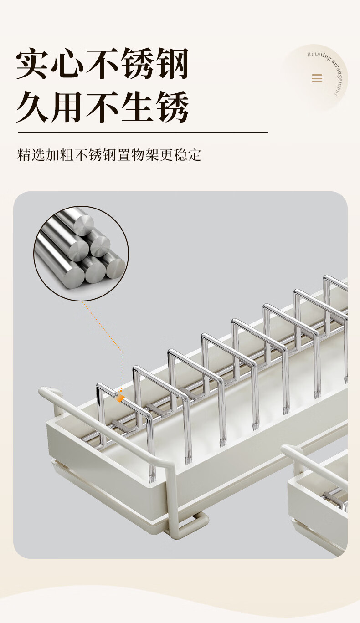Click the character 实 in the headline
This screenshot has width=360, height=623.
click(x=31, y=63)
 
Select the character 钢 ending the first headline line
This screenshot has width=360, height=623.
click(x=172, y=63)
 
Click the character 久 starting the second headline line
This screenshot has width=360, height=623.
click(x=32, y=107)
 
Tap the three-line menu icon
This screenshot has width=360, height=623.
click(x=317, y=78)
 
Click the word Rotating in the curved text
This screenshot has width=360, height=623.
click(x=319, y=56)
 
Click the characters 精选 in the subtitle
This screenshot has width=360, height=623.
click(x=31, y=155)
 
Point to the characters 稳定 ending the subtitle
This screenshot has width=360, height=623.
click(x=187, y=155)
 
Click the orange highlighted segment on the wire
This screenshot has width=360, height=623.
click(x=120, y=399)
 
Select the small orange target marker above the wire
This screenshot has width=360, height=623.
click(x=121, y=391)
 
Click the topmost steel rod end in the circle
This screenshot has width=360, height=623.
click(x=83, y=225)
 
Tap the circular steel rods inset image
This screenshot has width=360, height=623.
click(x=81, y=253)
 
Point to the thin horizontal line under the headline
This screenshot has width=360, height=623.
click(x=143, y=132)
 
